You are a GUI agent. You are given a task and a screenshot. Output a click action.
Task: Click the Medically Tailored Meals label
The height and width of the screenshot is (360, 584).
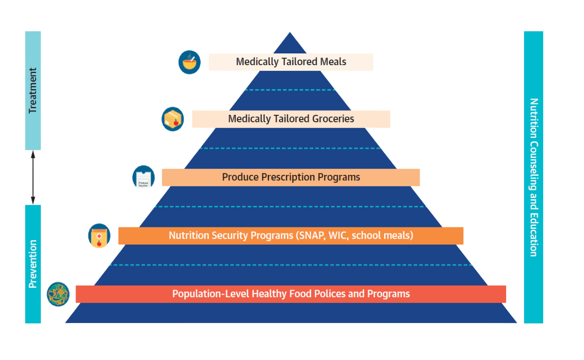(x=291, y=62)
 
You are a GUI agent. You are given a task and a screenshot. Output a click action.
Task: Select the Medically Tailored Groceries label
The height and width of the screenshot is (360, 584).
(x=291, y=119)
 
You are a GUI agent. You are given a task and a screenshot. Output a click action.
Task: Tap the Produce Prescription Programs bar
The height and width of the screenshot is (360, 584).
(x=291, y=177)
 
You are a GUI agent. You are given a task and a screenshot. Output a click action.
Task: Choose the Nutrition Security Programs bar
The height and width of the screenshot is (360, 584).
(x=291, y=235)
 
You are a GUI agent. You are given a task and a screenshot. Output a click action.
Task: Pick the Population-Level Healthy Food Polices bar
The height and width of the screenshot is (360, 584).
(x=291, y=294)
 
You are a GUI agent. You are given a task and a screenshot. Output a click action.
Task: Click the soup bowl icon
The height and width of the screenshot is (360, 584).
(x=190, y=62)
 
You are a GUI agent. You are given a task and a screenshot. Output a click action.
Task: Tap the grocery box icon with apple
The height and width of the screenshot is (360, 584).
(x=173, y=119)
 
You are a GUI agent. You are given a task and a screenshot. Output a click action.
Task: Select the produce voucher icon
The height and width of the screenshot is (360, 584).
(x=144, y=177)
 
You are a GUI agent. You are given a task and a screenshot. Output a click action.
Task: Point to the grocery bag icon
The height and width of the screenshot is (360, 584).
(x=99, y=236)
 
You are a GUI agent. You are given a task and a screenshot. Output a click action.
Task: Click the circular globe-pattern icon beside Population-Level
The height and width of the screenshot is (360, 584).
(x=58, y=294)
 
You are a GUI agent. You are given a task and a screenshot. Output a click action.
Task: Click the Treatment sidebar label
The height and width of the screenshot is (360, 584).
(x=33, y=91)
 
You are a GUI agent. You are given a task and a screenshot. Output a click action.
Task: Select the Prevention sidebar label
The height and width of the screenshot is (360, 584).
(x=33, y=264)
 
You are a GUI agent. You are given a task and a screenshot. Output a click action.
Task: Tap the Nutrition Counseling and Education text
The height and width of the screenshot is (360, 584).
(x=533, y=177)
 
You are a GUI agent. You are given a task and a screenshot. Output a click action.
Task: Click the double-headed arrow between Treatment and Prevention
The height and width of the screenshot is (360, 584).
(x=33, y=177)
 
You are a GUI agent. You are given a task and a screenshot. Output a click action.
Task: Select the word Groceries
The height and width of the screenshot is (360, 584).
(x=333, y=119)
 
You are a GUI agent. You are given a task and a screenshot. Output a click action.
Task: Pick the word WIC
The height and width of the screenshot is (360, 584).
(x=337, y=235)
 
